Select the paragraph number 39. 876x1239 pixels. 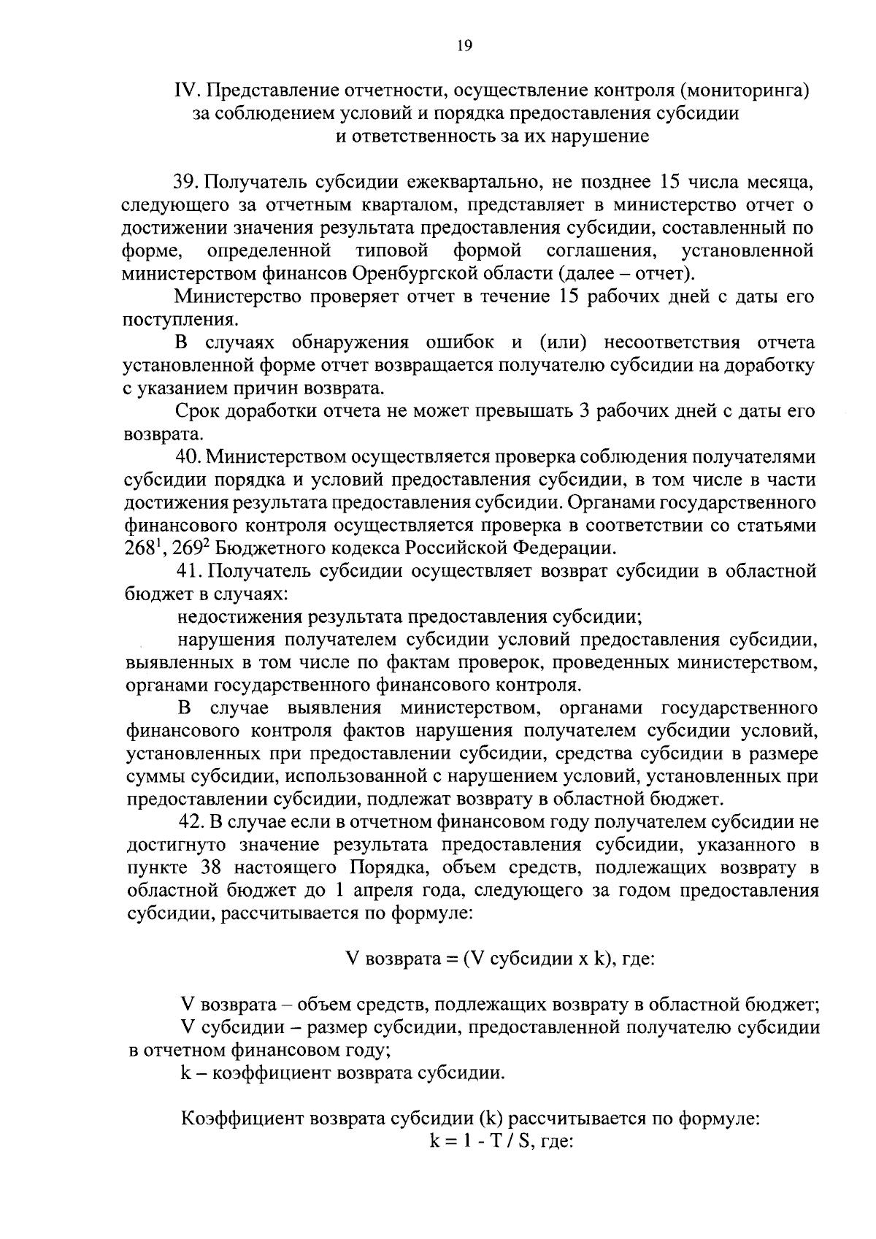(187, 182)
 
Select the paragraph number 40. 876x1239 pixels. (188, 457)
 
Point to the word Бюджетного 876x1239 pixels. (253, 548)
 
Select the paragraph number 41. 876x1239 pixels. (188, 571)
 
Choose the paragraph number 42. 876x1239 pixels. (188, 822)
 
